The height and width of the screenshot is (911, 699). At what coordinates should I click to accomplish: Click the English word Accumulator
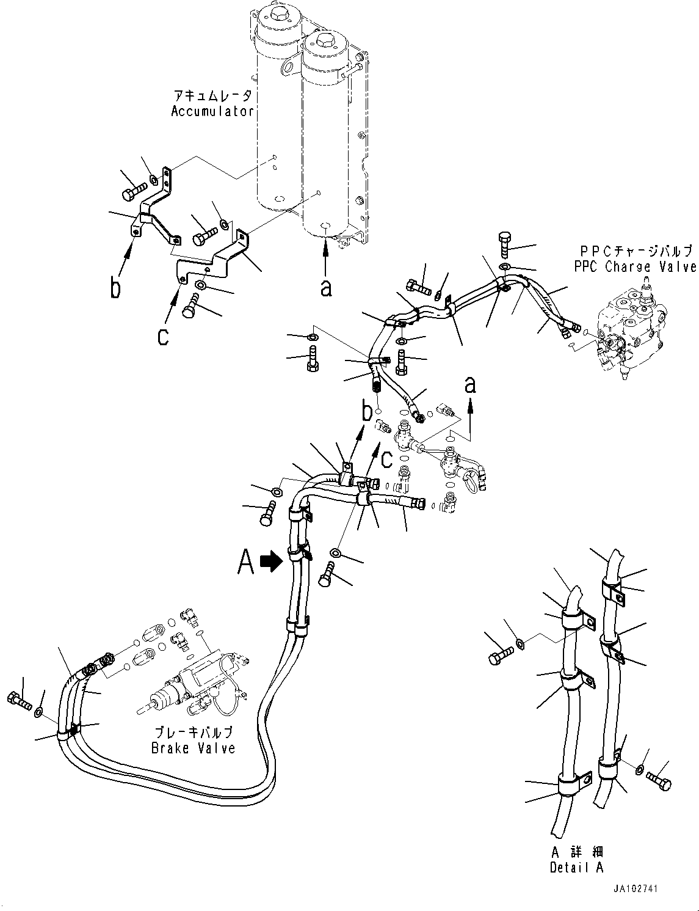click(x=212, y=112)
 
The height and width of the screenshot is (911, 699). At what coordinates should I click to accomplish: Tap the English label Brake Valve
click(x=193, y=747)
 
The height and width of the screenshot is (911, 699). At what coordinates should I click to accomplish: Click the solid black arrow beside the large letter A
click(x=271, y=562)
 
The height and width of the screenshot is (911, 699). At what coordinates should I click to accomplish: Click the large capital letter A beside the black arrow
click(x=246, y=562)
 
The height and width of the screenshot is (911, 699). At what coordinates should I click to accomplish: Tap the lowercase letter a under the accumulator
click(x=326, y=288)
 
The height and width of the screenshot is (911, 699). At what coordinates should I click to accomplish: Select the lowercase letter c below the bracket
click(x=163, y=337)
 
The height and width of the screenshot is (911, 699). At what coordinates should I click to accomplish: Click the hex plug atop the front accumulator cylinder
click(x=325, y=42)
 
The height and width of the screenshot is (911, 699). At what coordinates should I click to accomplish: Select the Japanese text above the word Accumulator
click(x=213, y=97)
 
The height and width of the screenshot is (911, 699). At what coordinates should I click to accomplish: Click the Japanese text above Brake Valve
click(x=194, y=733)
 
